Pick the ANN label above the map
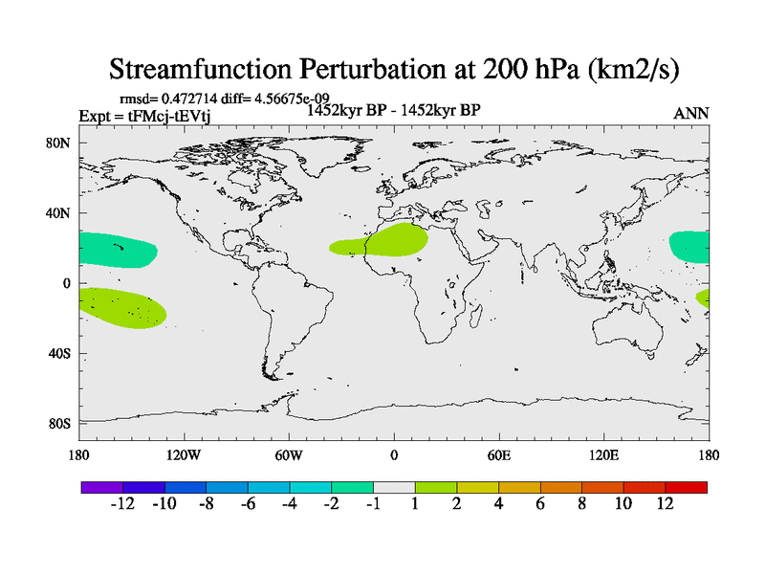[691, 113]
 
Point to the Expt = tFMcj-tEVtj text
[144, 116]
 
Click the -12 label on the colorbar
[121, 504]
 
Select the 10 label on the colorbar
[623, 504]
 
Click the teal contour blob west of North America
[117, 250]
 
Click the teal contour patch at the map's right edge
[689, 246]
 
